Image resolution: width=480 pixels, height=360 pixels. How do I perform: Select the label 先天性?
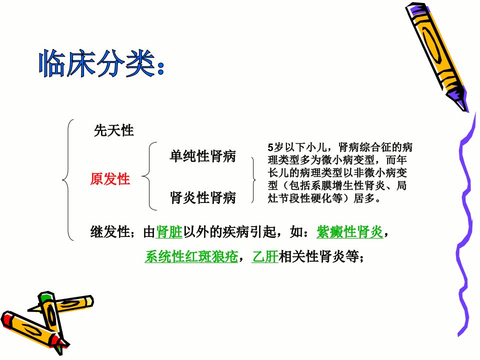coord(113,130)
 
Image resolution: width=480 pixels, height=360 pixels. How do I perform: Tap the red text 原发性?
coord(110,179)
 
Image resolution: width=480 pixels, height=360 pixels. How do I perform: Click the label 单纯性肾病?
coord(202,156)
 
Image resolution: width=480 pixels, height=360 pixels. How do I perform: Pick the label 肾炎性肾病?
coord(202,197)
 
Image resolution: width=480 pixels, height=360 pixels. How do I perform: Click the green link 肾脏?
coord(169,231)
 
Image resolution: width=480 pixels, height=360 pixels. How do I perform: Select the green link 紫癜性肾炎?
coord(349,231)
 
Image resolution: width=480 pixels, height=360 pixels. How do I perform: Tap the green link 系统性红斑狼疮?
coord(191,256)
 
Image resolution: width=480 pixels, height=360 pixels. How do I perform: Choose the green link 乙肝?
coord(265,256)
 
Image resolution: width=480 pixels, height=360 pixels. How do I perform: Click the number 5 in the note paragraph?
coord(270,147)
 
